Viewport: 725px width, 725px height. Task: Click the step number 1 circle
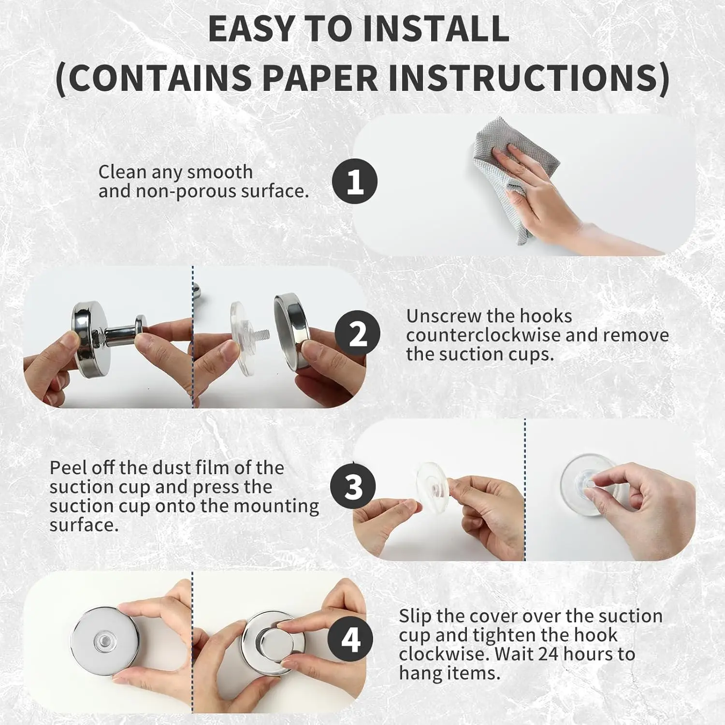[355, 181]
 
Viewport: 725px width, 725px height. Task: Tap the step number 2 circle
[357, 333]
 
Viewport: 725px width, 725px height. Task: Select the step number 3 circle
[353, 487]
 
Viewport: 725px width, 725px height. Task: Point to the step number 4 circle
[350, 639]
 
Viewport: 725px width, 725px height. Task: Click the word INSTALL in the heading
[435, 29]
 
